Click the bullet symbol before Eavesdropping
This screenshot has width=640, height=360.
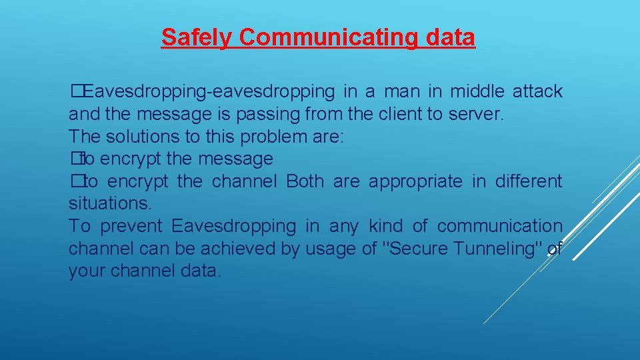(x=75, y=91)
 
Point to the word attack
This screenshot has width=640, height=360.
(x=537, y=91)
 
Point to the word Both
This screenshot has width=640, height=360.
(x=305, y=181)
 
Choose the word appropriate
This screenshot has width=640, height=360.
(x=415, y=181)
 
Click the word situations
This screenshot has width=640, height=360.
(x=107, y=204)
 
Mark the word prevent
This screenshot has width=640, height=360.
(x=133, y=227)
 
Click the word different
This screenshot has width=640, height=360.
(x=529, y=181)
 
